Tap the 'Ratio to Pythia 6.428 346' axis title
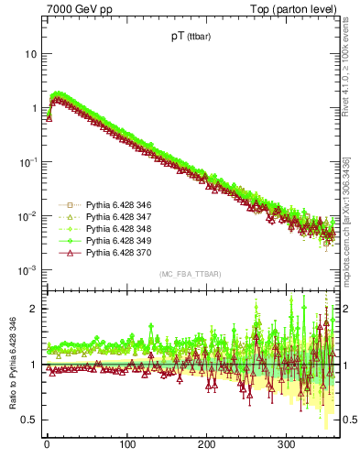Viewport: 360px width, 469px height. tap(11, 366)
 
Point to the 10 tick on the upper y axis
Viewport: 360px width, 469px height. tap(31, 54)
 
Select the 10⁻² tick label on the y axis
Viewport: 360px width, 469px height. tap(28, 216)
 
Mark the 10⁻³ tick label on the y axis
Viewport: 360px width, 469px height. tap(28, 270)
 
